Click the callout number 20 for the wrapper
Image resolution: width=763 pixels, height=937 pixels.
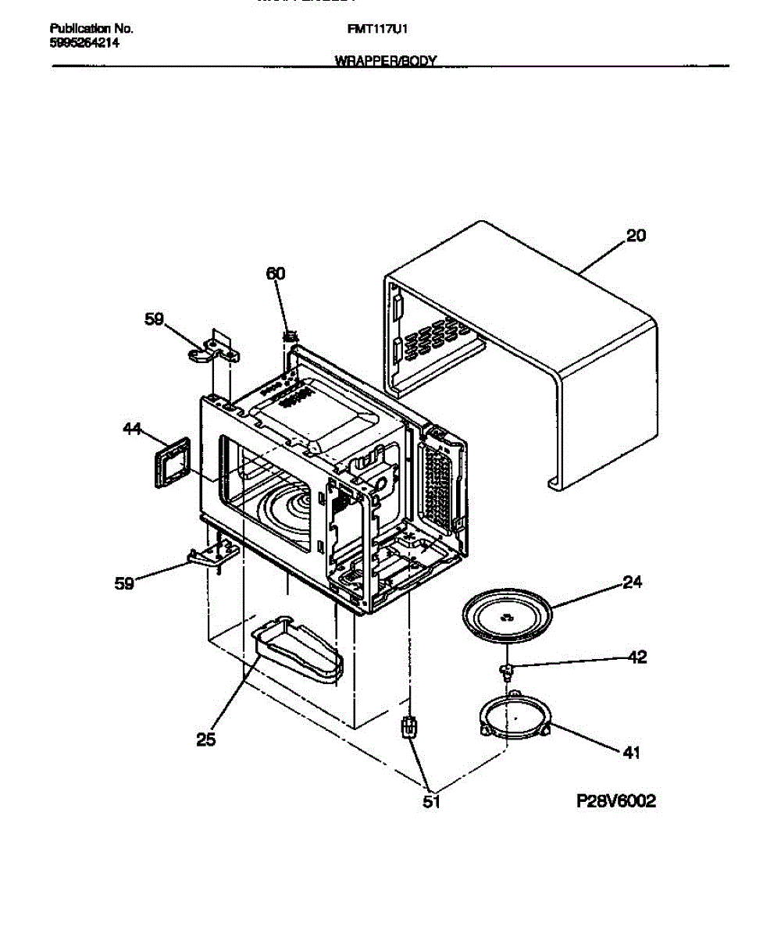click(636, 235)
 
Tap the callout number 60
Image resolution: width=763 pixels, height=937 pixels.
click(276, 273)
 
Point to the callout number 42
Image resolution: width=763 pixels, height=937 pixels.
click(637, 657)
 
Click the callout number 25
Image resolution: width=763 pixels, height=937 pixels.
click(205, 739)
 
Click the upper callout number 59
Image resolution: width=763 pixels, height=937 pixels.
click(155, 319)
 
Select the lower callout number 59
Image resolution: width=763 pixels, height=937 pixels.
click(124, 583)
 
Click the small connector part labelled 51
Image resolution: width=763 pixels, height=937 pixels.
click(407, 728)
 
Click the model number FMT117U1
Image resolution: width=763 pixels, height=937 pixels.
click(379, 29)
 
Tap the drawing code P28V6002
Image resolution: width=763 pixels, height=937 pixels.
click(616, 801)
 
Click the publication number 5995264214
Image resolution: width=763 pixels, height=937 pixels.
click(84, 43)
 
